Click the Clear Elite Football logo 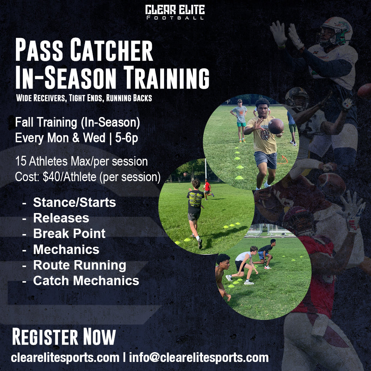coord(175,12)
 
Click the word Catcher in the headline coord(112,51)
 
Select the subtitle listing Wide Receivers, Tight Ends coord(83,98)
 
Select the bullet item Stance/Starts coord(74,202)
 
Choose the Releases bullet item coord(61,218)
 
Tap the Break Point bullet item coord(69,233)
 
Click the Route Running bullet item coord(79,265)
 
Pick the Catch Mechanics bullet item coord(86,280)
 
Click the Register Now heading coord(64,337)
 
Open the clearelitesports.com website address coord(65,358)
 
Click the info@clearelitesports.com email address coord(199,358)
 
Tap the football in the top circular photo coord(276,126)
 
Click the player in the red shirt coord(207,188)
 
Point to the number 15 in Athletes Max coord(20,161)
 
